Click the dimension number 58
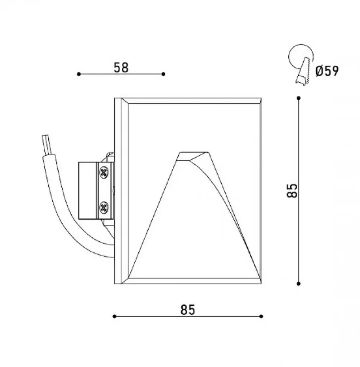pos(121,68)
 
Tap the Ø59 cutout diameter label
pos(327,71)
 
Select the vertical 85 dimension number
pos(292,191)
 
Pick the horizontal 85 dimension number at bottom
pos(188,310)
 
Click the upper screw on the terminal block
pos(104,172)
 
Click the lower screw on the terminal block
pos(104,207)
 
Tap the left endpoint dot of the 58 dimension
pos(79,74)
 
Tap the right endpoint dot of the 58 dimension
pos(163,74)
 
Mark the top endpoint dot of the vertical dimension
pos(298,98)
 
